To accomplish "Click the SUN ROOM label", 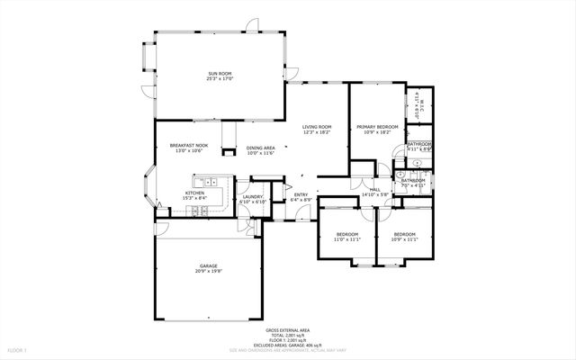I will coord(220,74).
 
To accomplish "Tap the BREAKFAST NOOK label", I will coord(189,146).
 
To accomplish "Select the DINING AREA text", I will coord(260,148).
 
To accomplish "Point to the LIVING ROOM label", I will coord(317,128).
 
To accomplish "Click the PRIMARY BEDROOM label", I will coord(376,128).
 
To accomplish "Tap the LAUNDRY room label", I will coord(252,197).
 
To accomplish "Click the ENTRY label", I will coord(301,194).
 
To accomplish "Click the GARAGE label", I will coord(209,266).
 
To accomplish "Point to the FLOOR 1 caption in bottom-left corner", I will coord(17,349).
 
